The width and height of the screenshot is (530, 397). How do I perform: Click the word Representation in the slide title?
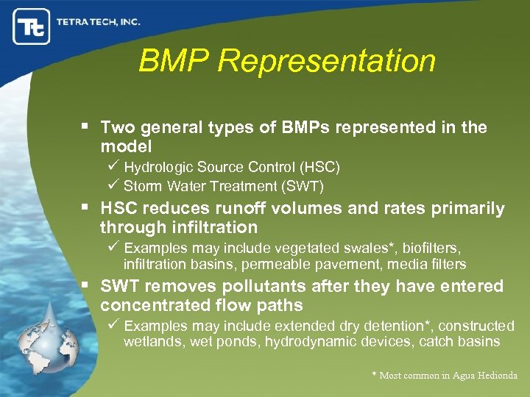click(x=327, y=61)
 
